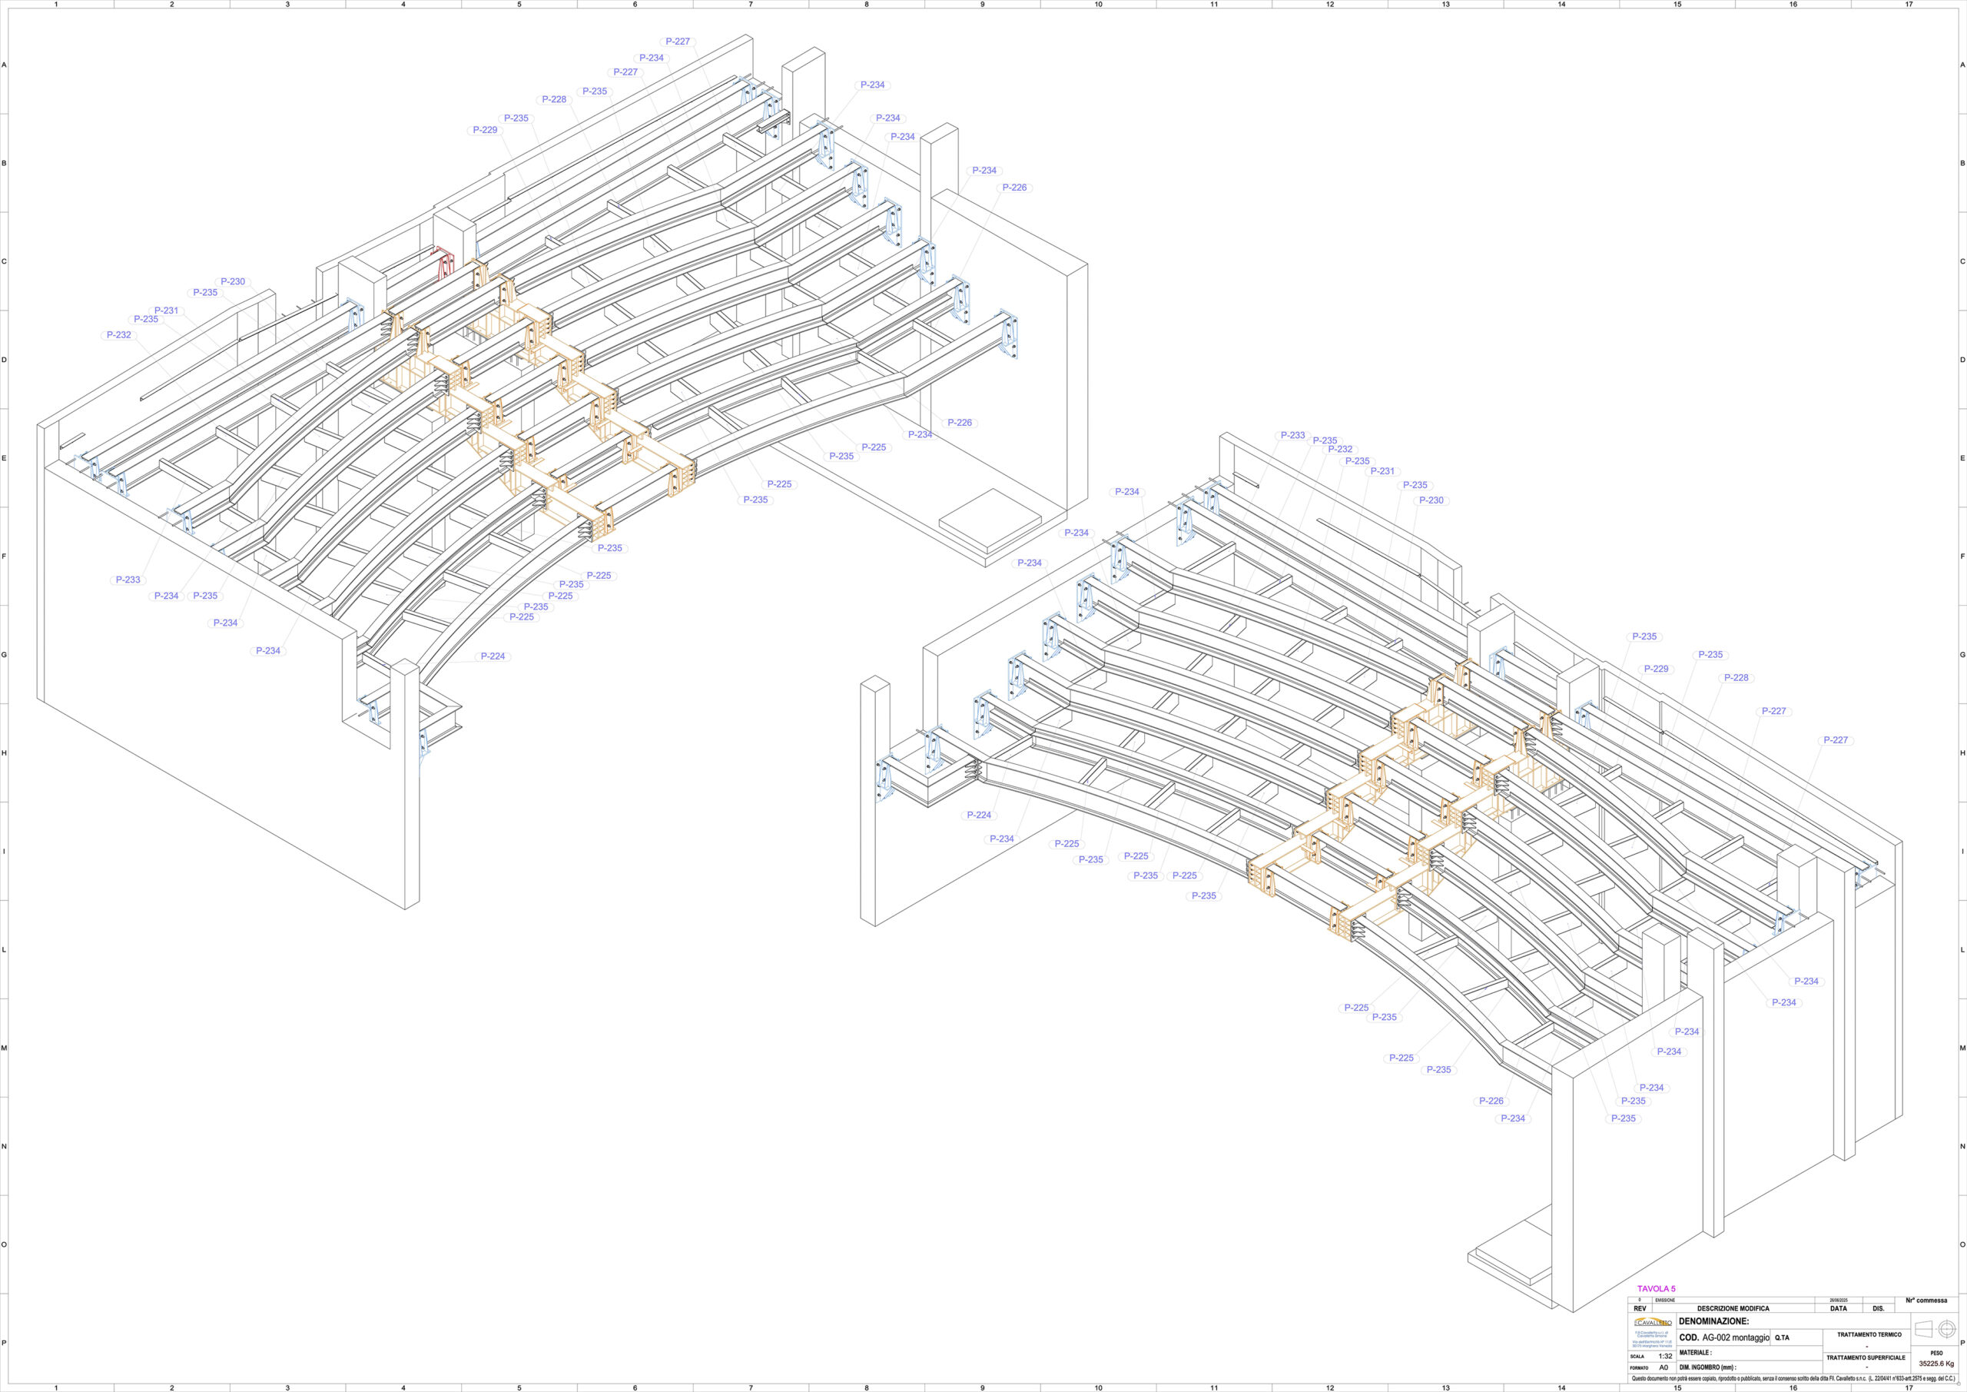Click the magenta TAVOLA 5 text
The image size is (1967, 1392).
tap(1656, 1312)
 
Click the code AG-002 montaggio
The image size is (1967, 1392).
tap(1734, 1337)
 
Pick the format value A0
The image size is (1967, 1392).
tap(1663, 1367)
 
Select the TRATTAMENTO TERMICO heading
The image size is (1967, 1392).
tap(1869, 1334)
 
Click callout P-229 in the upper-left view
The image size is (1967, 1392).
tap(485, 131)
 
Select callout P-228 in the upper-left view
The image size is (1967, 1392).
tap(554, 99)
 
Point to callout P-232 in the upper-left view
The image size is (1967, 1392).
tap(118, 335)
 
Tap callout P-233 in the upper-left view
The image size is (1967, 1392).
tap(128, 580)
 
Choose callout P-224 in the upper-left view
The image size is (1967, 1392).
tap(493, 656)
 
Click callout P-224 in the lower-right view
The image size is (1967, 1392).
tap(978, 816)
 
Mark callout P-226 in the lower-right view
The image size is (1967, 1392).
tap(1491, 1101)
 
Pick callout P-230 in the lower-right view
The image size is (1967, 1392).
tap(1431, 500)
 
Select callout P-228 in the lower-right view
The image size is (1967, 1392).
tap(1736, 678)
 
